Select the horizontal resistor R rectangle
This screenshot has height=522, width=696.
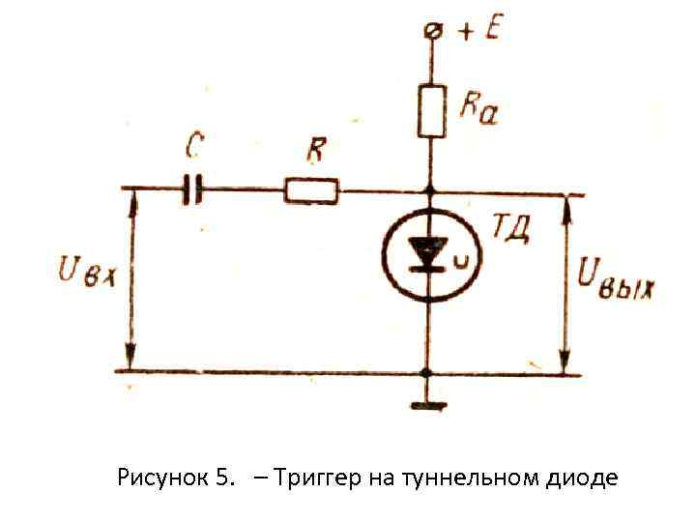pos(311,191)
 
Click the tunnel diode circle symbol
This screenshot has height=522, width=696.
pos(426,256)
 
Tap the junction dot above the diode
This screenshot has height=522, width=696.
pos(426,191)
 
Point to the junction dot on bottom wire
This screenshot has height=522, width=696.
pos(426,372)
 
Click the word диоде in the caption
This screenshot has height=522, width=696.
pos(584,478)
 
